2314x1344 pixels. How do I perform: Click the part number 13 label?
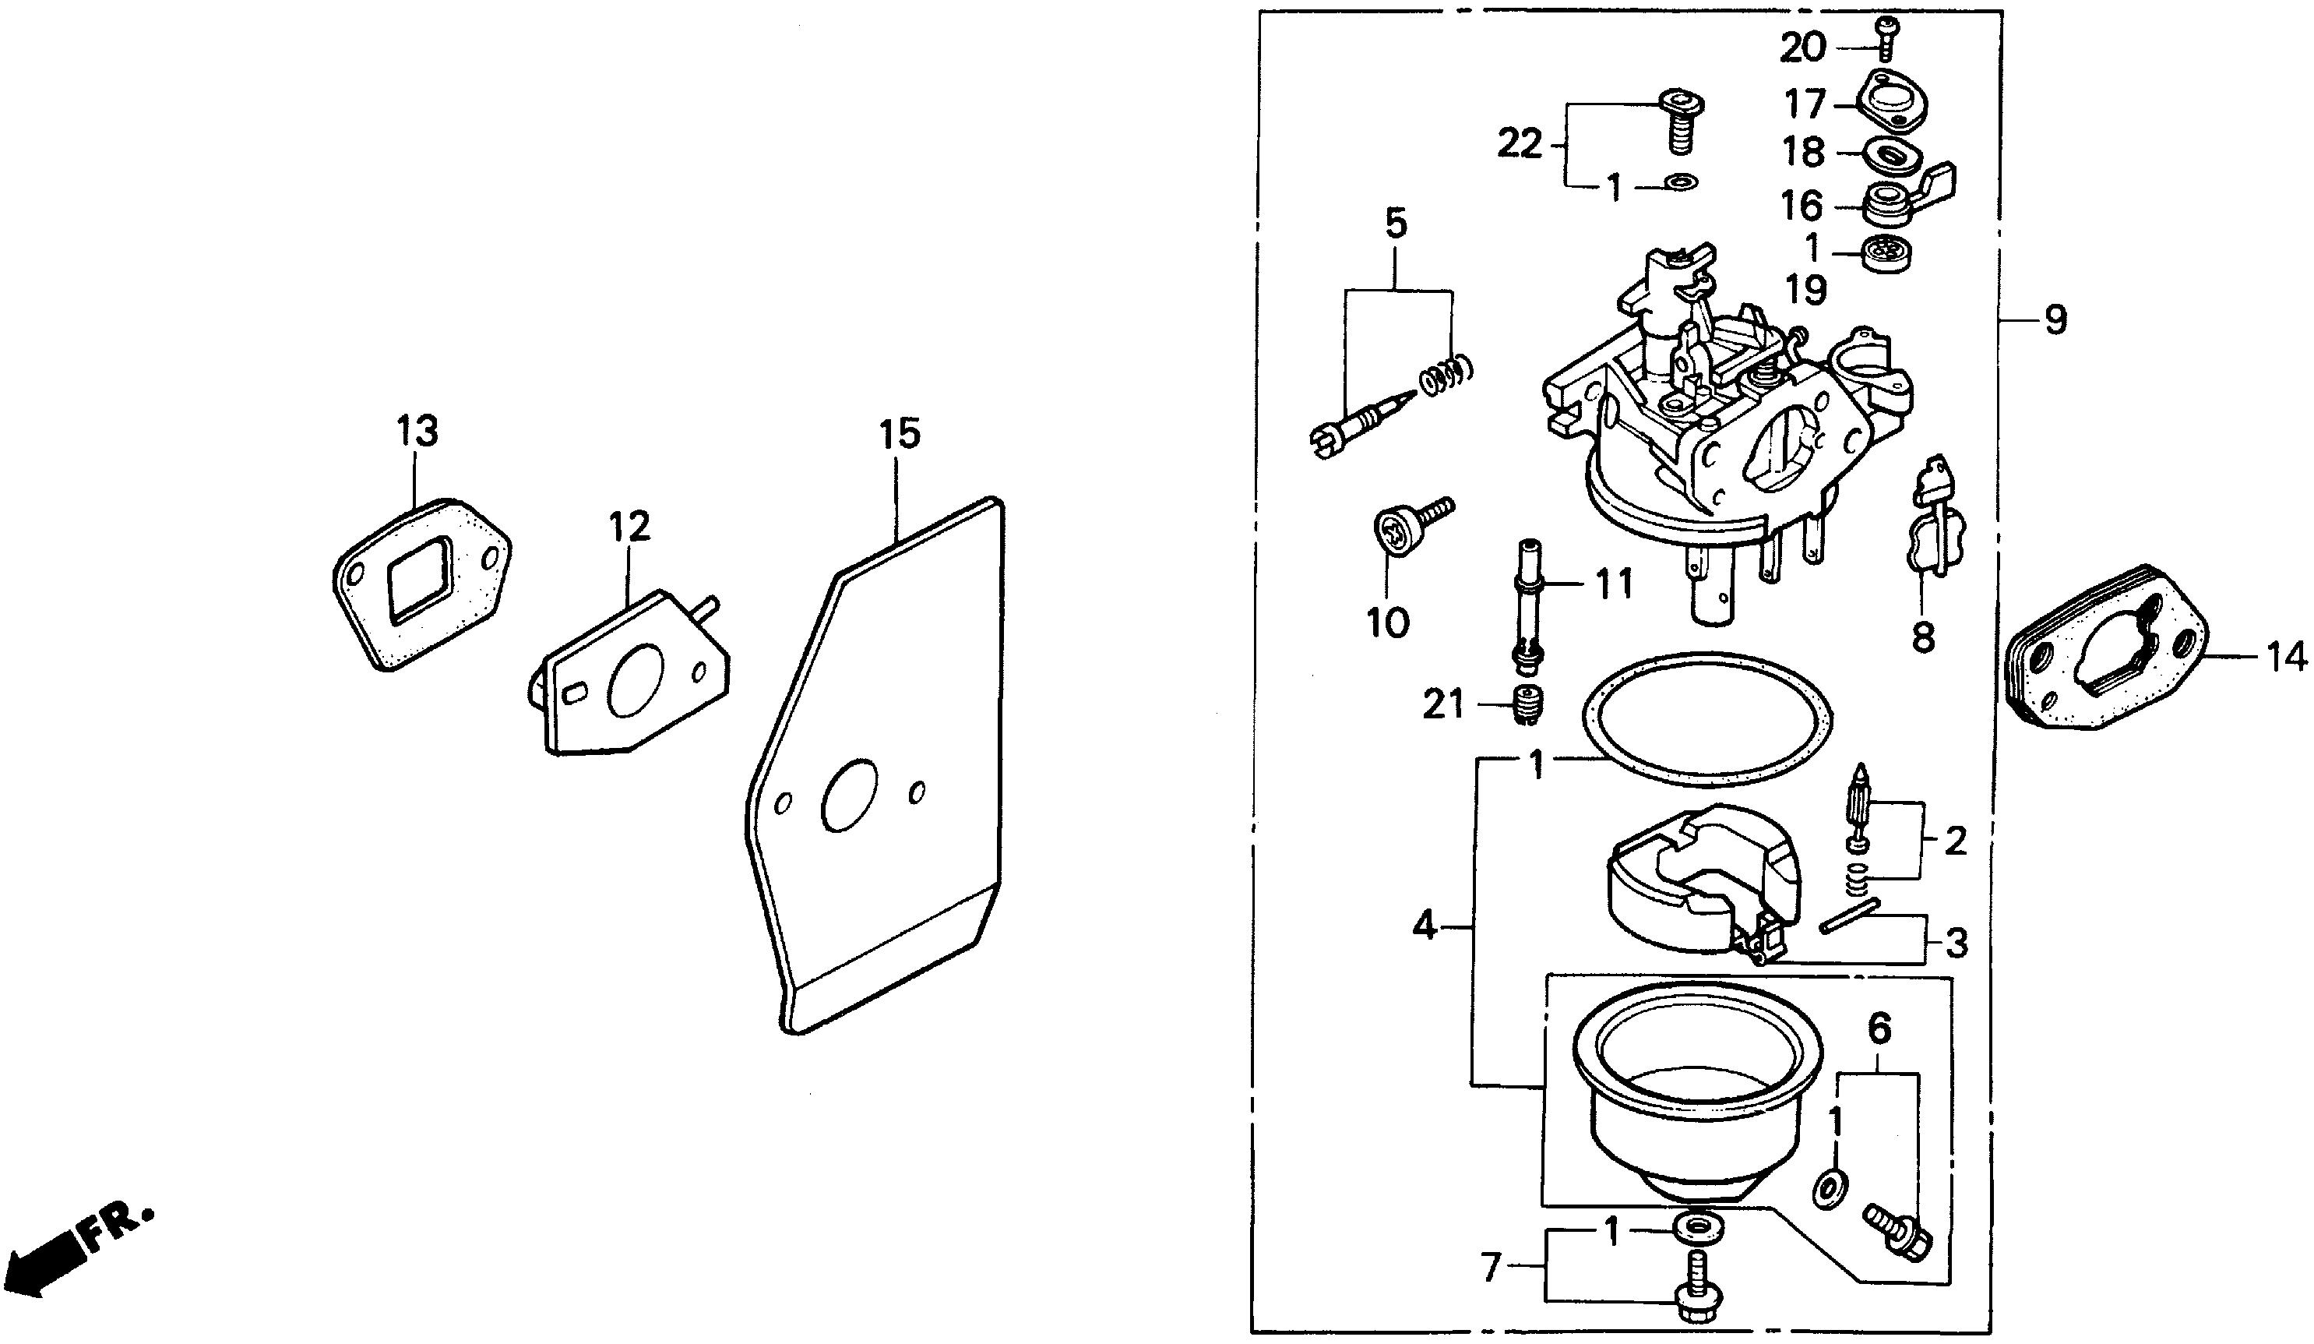click(417, 431)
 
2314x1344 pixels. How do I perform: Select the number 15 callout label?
click(899, 434)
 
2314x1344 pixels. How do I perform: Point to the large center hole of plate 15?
click(850, 795)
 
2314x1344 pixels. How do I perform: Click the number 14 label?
click(2284, 657)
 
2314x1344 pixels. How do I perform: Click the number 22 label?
click(1519, 144)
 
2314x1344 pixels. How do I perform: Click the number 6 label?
click(1879, 1030)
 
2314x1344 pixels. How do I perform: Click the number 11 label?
click(1613, 584)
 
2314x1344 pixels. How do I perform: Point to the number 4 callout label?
click(1425, 925)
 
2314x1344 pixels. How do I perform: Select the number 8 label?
click(1923, 637)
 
